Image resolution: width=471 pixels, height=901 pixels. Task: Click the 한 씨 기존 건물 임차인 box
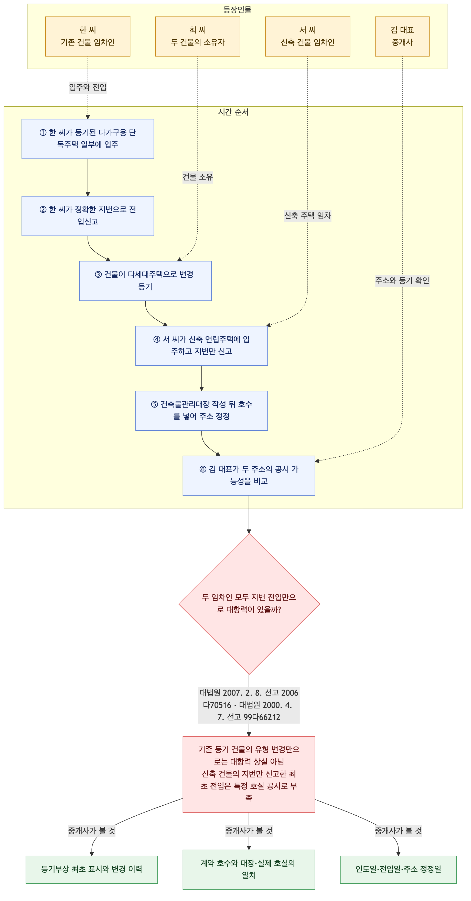(x=88, y=36)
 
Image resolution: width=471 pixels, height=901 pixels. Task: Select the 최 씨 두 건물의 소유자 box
(x=198, y=36)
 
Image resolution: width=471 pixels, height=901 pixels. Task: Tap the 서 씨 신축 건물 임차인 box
(x=307, y=36)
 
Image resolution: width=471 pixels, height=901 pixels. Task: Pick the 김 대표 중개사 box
(x=402, y=36)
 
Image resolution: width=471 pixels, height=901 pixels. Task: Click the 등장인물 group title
(x=238, y=10)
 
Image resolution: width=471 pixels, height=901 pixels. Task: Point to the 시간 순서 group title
(x=233, y=112)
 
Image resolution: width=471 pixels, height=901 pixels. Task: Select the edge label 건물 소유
(x=198, y=177)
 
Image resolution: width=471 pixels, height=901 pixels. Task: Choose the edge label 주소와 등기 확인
(x=402, y=280)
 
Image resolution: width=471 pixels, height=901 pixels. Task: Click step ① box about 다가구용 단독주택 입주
(x=88, y=139)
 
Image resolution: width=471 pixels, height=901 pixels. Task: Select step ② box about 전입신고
(x=88, y=216)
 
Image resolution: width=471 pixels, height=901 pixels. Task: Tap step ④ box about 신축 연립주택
(x=201, y=346)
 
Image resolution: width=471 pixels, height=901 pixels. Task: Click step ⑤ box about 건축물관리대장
(x=201, y=411)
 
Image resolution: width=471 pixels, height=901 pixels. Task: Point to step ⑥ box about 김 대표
(x=249, y=476)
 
